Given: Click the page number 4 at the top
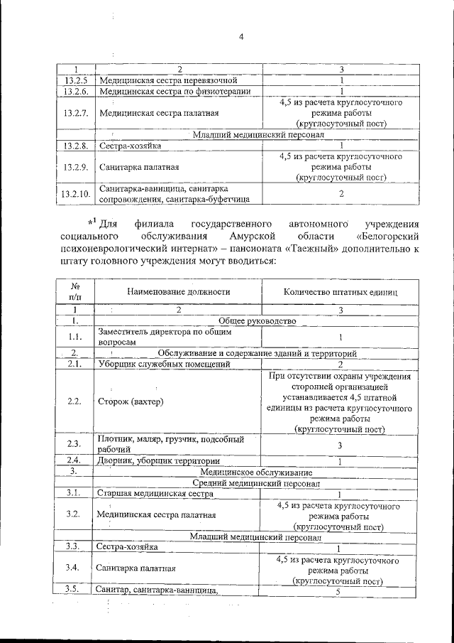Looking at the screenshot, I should tap(240, 38).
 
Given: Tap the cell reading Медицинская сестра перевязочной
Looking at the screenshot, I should tap(172, 80).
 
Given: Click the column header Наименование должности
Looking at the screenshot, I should tap(178, 291).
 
